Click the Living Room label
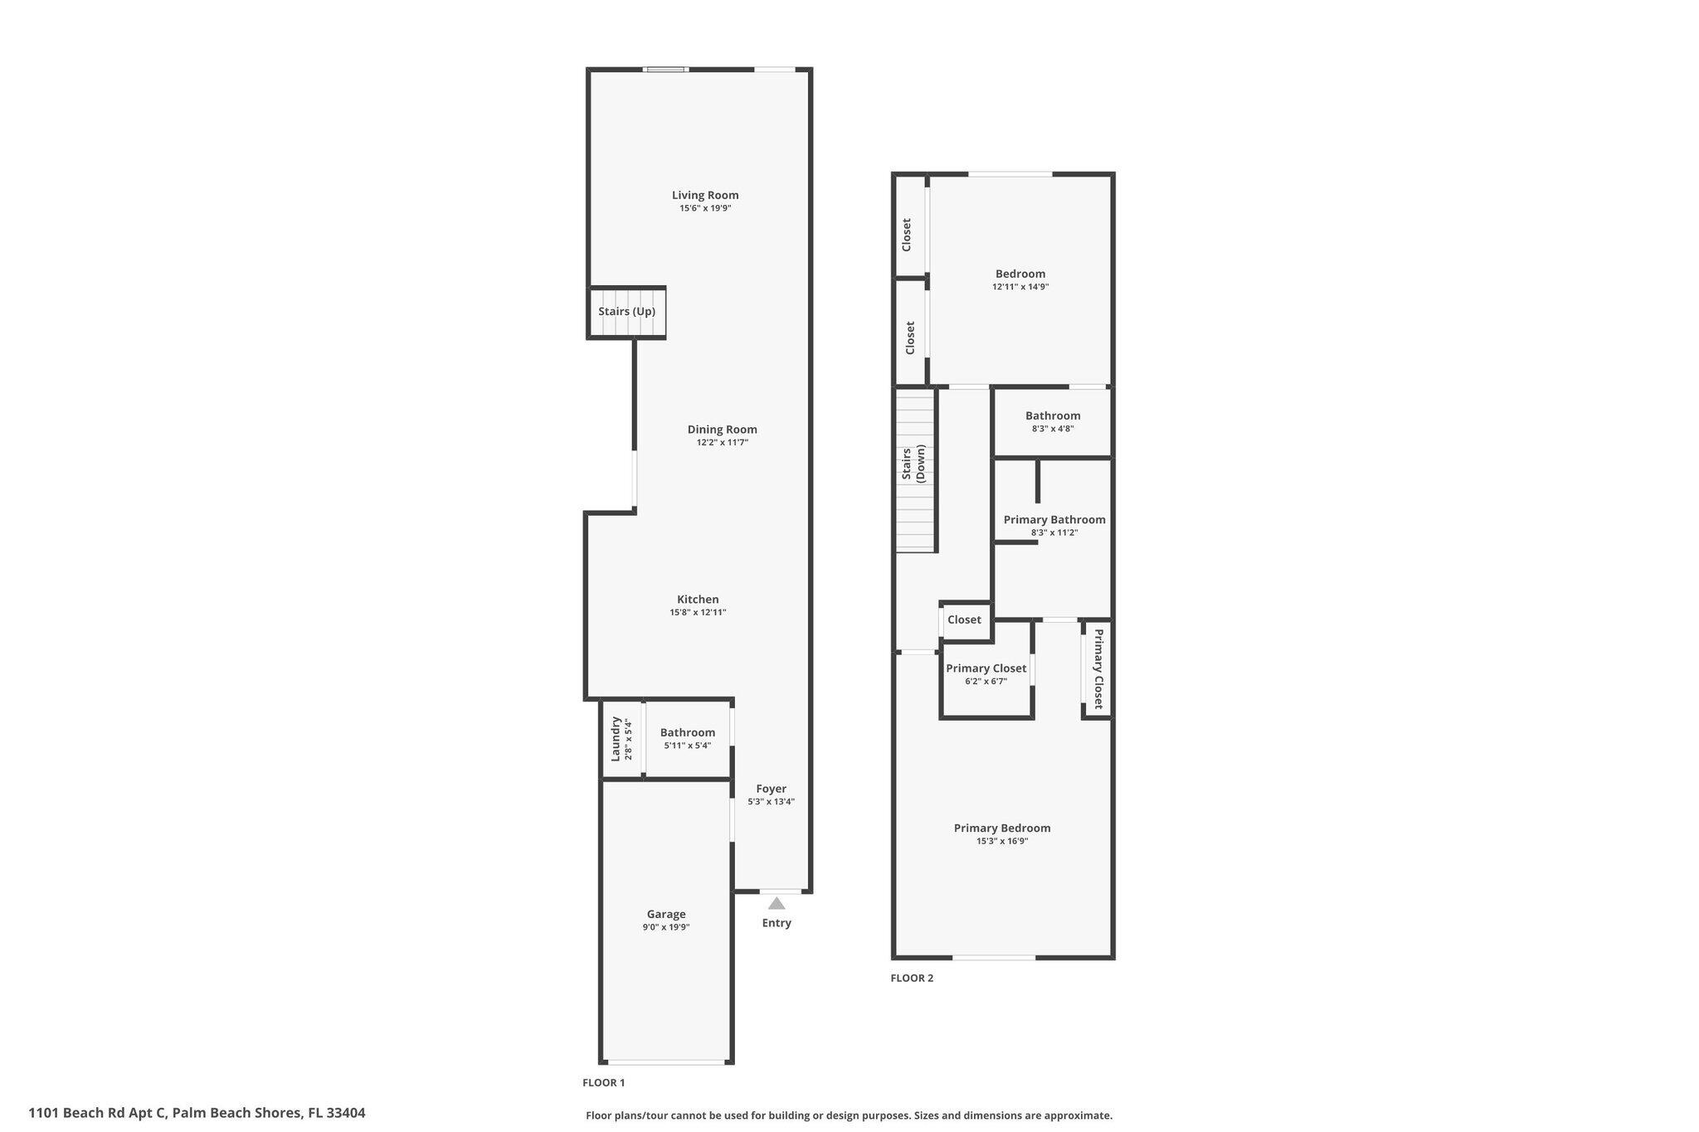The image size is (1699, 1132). pyautogui.click(x=705, y=196)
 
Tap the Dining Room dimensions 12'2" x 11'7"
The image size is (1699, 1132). pyautogui.click(x=722, y=443)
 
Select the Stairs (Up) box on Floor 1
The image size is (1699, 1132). pyautogui.click(x=627, y=312)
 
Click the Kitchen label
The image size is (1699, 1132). pyautogui.click(x=698, y=600)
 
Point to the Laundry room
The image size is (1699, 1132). pyautogui.click(x=621, y=739)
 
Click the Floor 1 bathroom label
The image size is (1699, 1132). pyautogui.click(x=687, y=733)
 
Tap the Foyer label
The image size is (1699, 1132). pyautogui.click(x=771, y=789)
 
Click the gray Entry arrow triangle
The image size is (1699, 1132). pyautogui.click(x=776, y=903)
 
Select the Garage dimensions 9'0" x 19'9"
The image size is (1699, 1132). pyautogui.click(x=665, y=927)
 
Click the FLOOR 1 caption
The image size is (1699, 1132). pyautogui.click(x=603, y=1082)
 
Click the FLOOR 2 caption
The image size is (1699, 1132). pyautogui.click(x=912, y=978)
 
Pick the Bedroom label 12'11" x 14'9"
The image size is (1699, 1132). pyautogui.click(x=1020, y=274)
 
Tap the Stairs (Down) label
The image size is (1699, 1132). pyautogui.click(x=914, y=464)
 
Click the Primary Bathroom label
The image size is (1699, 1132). pyautogui.click(x=1054, y=520)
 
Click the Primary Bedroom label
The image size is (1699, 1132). pyautogui.click(x=1002, y=828)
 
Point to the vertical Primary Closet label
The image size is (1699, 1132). pyautogui.click(x=1098, y=668)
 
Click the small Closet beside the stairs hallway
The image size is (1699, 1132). pyautogui.click(x=964, y=620)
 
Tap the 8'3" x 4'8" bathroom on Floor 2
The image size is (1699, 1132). pyautogui.click(x=1053, y=422)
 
